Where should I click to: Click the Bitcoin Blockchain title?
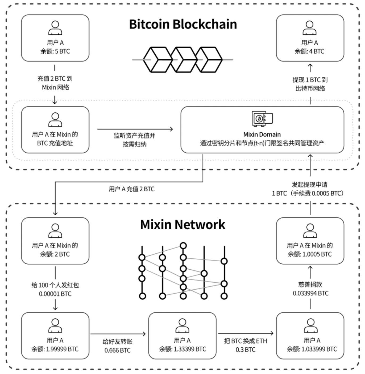coord(183,24)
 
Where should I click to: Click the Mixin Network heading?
coord(182,225)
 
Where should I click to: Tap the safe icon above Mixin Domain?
coord(262,119)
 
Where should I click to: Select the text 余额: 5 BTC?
coord(55,51)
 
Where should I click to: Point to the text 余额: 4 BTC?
coord(309,51)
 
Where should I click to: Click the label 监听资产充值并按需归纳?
coord(135,140)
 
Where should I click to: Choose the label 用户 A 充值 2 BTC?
coord(131,189)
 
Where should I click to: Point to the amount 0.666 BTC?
coord(117,350)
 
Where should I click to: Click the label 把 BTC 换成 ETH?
coord(245,341)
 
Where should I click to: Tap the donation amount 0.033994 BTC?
coord(310,293)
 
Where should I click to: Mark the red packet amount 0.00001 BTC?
coord(55,294)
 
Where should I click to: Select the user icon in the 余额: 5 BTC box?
coord(55,28)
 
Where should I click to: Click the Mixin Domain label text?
coord(262,135)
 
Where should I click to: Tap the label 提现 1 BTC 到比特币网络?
coord(310,84)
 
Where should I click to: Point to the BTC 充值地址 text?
coord(55,143)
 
